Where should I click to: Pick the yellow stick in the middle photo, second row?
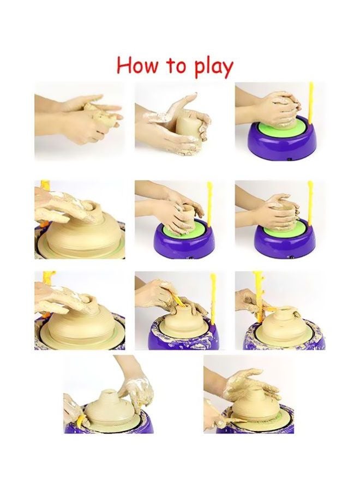coord(209,205)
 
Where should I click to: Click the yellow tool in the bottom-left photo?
coord(82,421)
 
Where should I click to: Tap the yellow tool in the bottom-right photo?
coord(218,420)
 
